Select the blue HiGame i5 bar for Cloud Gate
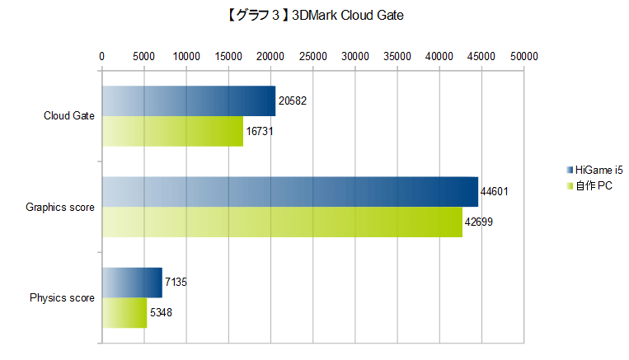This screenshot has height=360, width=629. coord(188,101)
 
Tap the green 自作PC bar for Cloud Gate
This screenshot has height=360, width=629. coord(172,131)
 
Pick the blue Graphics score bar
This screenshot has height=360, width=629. coord(289,191)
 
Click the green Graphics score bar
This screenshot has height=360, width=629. coord(282,222)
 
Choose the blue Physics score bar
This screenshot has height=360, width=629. coord(132,283)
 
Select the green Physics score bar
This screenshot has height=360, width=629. coord(124,312)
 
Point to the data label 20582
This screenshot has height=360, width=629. coord(293,101)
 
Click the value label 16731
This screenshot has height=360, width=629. coord(261,131)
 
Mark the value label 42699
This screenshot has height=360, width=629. coord(481,222)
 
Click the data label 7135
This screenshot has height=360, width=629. coord(176,283)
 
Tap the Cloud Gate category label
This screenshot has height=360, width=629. coord(68,116)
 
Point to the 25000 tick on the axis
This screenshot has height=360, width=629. coord(312,56)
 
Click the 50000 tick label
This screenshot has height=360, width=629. coord(523,56)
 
